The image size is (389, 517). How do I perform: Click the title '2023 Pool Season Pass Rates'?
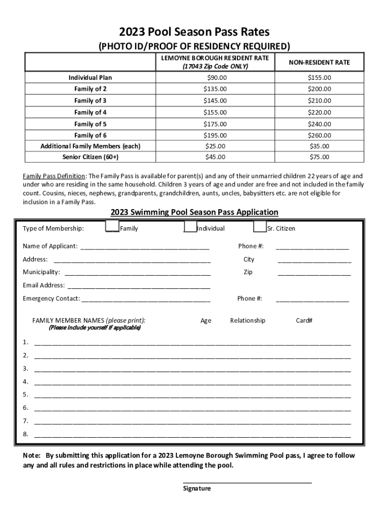(194, 32)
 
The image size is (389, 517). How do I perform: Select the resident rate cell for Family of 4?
(215, 113)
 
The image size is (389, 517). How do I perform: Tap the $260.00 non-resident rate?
(319, 135)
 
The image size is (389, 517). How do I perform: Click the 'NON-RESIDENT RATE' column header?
(319, 63)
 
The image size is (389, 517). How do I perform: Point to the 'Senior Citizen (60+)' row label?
(90, 157)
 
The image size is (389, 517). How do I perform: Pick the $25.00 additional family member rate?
(215, 146)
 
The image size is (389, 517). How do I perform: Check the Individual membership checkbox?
(190, 228)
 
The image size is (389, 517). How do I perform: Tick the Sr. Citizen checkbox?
(260, 228)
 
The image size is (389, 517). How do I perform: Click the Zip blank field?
(314, 273)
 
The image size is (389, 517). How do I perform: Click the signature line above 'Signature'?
(247, 482)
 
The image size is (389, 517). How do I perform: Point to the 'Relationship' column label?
(248, 321)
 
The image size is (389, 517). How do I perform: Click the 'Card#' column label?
(304, 321)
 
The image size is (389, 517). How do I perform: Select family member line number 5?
(192, 395)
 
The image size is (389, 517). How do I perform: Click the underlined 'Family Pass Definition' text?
(55, 177)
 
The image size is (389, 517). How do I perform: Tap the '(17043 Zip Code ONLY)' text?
(215, 67)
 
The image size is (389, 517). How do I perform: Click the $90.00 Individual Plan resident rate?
(215, 78)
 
